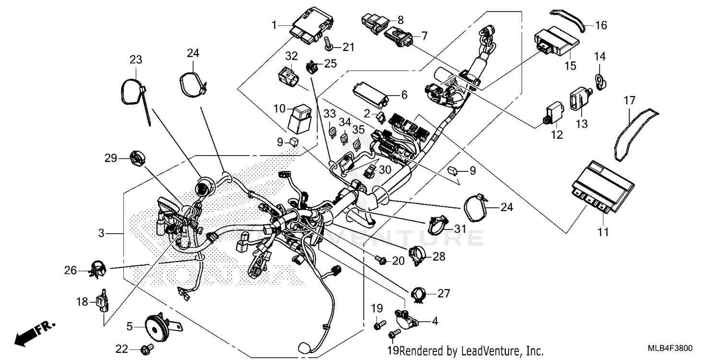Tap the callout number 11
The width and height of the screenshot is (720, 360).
coord(603,232)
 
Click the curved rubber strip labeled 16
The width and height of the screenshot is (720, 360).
coord(570,18)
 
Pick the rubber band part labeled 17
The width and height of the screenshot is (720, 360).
coord(635,132)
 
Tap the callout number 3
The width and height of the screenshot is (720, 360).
coord(101,234)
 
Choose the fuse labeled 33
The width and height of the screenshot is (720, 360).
coord(332,131)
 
